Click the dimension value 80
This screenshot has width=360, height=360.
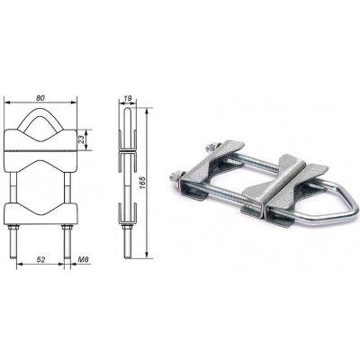coord(40,98)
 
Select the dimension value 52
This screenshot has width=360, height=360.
coord(40,259)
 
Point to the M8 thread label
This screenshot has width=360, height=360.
coord(84,259)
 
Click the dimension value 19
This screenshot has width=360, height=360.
coord(128,98)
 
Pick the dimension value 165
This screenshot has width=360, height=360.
coord(142,183)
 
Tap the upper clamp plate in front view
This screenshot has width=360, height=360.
coord(40,139)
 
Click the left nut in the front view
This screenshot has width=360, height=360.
coord(13,227)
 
